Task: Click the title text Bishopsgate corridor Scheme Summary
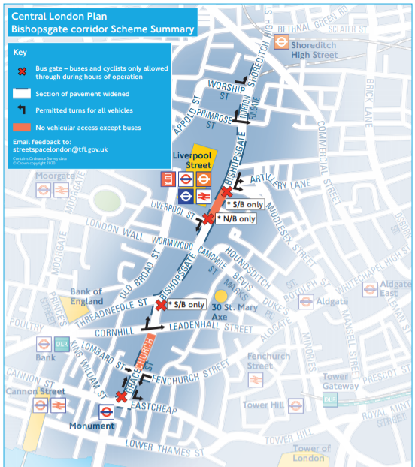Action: pyautogui.click(x=101, y=29)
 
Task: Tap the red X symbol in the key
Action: pyautogui.click(x=23, y=68)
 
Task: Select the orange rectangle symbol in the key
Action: pyautogui.click(x=23, y=127)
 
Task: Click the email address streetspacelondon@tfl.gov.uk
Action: pyautogui.click(x=60, y=149)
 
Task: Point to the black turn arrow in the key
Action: pyautogui.click(x=23, y=110)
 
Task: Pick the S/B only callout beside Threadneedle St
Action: pyautogui.click(x=188, y=305)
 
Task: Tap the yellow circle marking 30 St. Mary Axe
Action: pyautogui.click(x=220, y=297)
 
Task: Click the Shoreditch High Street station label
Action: pyautogui.click(x=314, y=50)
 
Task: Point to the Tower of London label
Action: pyautogui.click(x=309, y=453)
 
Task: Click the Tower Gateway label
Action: pyautogui.click(x=342, y=381)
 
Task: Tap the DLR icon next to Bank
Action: pyautogui.click(x=62, y=345)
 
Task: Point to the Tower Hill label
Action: pyautogui.click(x=262, y=405)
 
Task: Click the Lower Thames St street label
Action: pyautogui.click(x=165, y=448)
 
